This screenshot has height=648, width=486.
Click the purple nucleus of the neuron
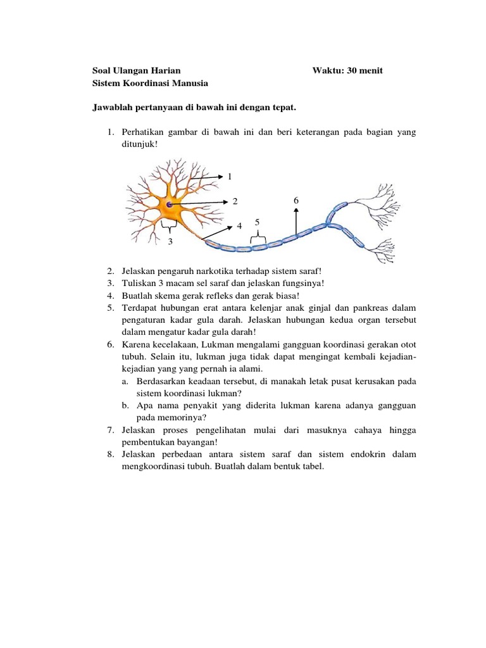[170, 204]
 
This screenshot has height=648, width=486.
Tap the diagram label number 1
[230, 176]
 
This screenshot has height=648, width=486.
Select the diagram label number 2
[234, 201]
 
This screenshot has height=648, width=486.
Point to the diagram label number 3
[170, 241]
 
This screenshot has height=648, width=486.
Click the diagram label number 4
[239, 226]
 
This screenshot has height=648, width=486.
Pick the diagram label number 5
[258, 222]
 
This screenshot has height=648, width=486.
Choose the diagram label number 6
[296, 200]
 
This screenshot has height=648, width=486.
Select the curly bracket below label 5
[258, 238]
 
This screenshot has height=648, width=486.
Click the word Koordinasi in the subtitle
[149, 83]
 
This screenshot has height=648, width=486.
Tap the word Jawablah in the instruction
[112, 108]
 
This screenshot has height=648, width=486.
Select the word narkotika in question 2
[202, 271]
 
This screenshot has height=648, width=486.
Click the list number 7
[109, 430]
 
